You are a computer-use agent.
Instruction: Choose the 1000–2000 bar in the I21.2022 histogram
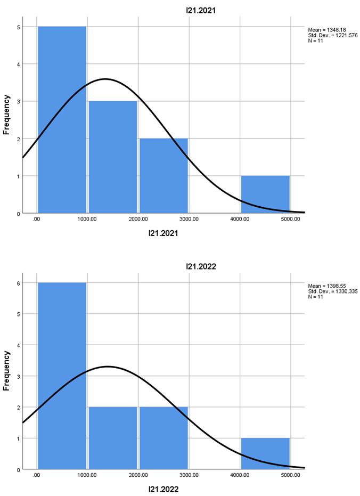click(113, 438)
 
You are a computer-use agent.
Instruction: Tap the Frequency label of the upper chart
click(7, 115)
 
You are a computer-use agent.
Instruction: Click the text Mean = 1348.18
click(325, 29)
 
